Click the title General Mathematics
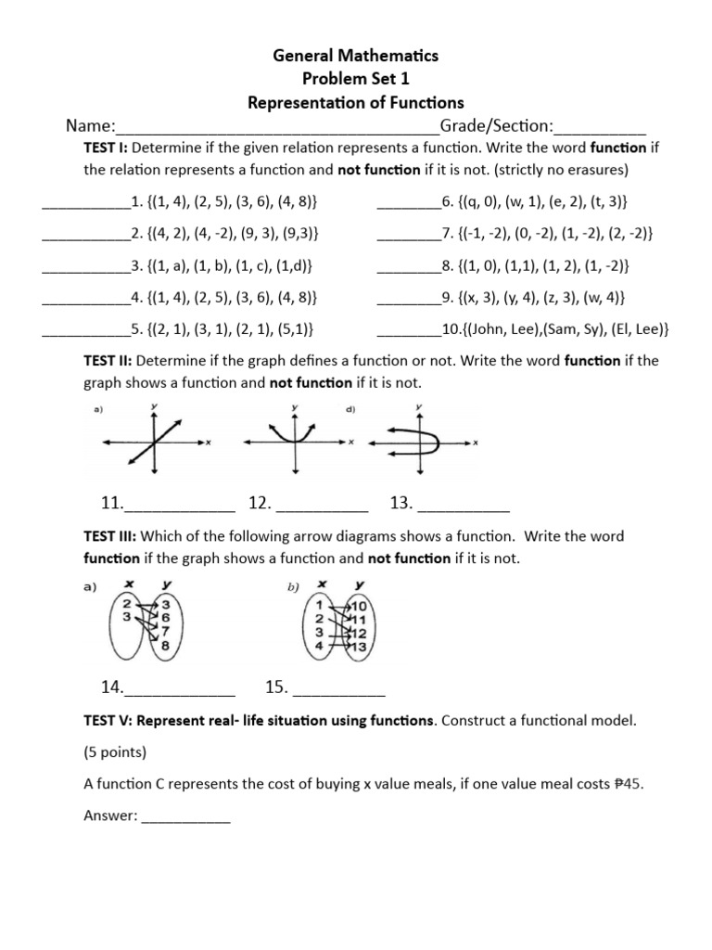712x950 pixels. coord(356,56)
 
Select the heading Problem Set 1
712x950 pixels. coord(356,79)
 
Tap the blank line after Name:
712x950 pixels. coord(277,127)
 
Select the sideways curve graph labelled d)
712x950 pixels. coord(419,443)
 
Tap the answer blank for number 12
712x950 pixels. coord(323,505)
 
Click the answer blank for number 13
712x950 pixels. coord(464,505)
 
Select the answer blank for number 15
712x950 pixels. coord(338,688)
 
